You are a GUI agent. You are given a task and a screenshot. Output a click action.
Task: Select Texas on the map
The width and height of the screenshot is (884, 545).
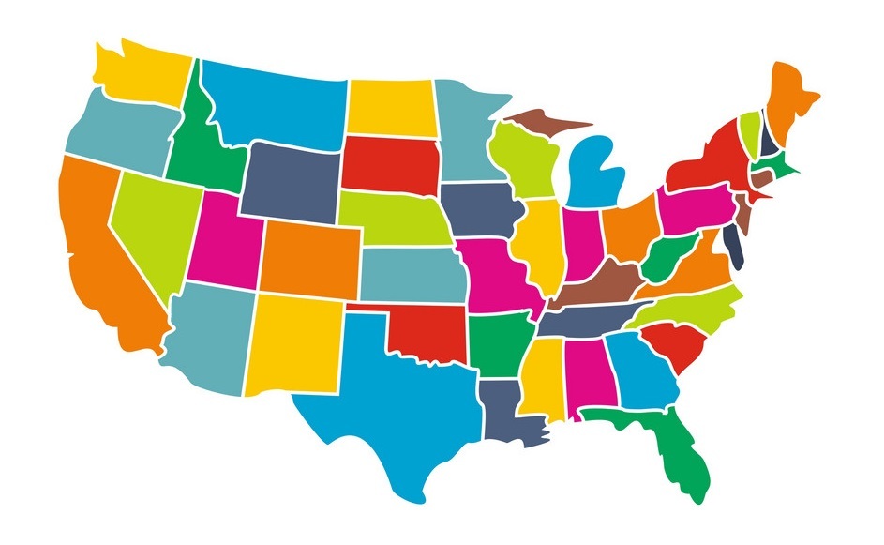pos(394,403)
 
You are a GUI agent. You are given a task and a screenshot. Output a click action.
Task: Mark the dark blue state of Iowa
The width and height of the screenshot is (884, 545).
pos(479,211)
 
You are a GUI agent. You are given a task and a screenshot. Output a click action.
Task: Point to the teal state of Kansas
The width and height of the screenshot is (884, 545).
pos(412,272)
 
